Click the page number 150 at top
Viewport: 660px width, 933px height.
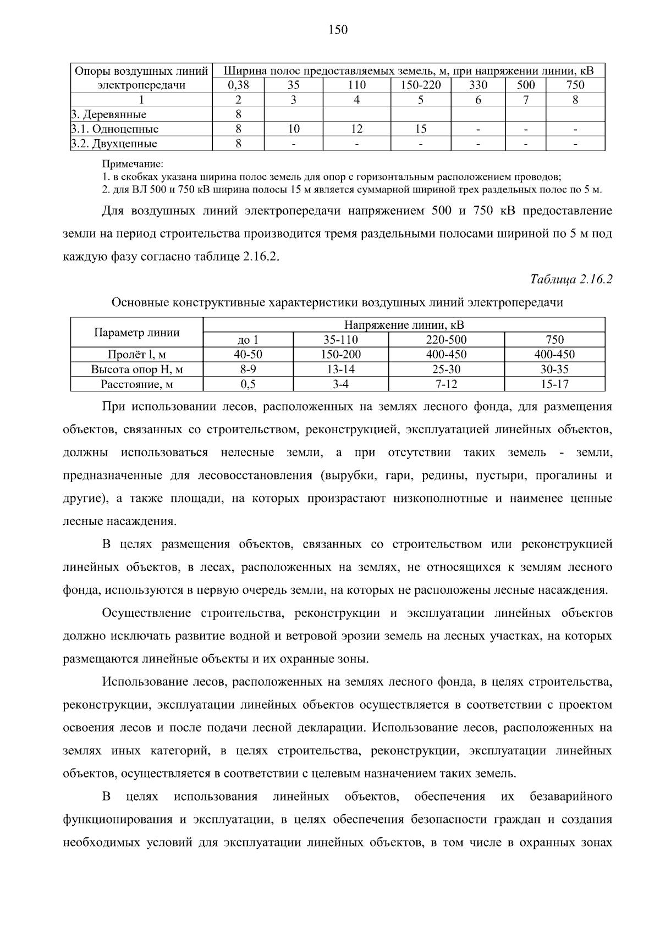(338, 30)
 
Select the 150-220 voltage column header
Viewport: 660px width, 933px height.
(420, 85)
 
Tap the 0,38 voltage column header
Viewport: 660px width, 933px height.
(238, 85)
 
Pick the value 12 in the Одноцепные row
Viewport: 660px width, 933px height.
(356, 129)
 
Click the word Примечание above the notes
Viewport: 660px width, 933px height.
(133, 164)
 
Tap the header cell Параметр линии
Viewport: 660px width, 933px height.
(137, 332)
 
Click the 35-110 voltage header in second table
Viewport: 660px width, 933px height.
(341, 340)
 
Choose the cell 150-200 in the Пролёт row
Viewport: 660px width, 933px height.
(341, 355)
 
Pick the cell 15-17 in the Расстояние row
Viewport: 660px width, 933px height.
(554, 384)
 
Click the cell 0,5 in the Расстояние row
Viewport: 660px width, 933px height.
(249, 384)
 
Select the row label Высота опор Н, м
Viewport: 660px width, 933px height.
(137, 369)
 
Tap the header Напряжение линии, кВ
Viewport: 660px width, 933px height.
(404, 325)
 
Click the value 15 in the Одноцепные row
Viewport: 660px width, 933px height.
(420, 129)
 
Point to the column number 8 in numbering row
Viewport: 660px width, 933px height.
(575, 100)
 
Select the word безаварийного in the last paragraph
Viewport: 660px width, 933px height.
(570, 797)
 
